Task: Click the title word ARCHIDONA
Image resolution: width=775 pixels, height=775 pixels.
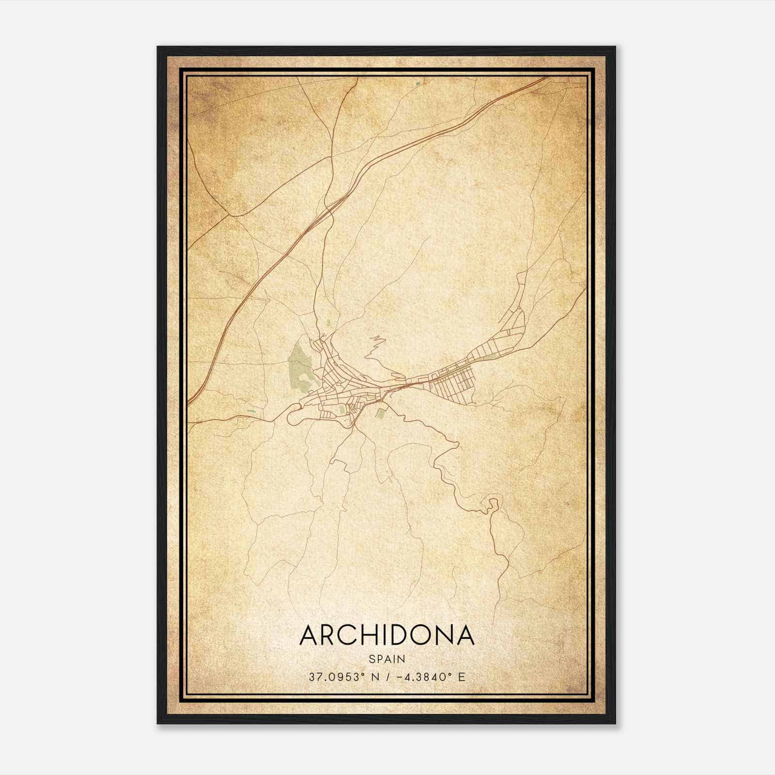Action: tap(387, 635)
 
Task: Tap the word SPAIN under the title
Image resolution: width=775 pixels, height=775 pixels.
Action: tap(387, 659)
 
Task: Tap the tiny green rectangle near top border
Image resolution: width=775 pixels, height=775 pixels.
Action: tap(417, 84)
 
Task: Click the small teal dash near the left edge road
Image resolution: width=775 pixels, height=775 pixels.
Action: tap(251, 412)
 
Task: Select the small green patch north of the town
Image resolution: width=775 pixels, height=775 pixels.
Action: tap(328, 322)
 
